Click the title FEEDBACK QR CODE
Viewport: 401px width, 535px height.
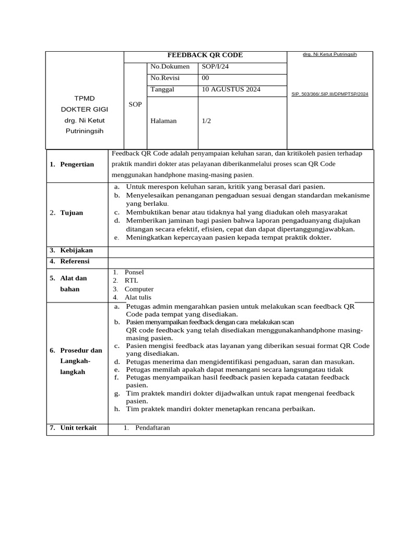point(205,55)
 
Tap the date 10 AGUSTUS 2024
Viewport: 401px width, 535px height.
point(231,90)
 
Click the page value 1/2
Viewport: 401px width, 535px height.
point(206,121)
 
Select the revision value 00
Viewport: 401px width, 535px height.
point(205,78)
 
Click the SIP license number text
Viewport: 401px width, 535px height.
point(329,94)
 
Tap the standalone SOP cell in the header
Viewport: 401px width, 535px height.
point(135,104)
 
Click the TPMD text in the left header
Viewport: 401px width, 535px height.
point(85,98)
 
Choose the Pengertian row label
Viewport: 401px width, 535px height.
point(77,165)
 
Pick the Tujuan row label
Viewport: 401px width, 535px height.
point(71,213)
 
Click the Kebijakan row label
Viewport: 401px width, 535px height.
point(76,251)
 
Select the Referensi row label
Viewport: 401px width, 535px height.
point(75,261)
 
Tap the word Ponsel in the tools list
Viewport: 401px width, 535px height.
point(134,272)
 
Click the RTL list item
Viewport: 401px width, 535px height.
point(132,281)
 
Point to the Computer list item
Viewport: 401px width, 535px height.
point(139,289)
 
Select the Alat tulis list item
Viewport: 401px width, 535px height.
point(138,297)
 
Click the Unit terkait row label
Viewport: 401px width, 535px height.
point(78,428)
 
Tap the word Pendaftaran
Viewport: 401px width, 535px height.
point(152,428)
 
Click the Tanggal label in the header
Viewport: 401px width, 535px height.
point(162,90)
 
